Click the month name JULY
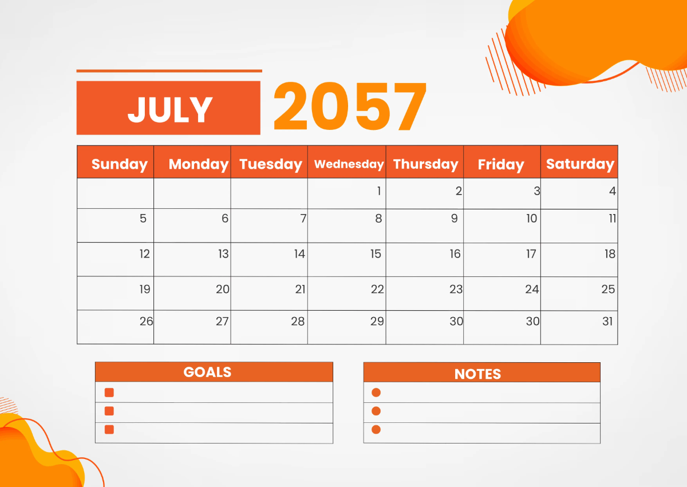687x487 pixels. point(169,109)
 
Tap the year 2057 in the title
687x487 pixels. point(350,107)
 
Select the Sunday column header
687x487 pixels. point(119,164)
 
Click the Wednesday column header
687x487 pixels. point(349,164)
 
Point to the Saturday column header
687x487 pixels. point(580,164)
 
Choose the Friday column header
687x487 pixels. point(501,165)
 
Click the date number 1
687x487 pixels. point(378,191)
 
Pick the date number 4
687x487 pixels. point(613,191)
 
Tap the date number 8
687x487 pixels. point(378,218)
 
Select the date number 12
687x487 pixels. point(145,254)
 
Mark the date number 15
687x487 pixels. point(376,254)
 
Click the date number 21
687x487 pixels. point(301,289)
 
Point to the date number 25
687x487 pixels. point(608,289)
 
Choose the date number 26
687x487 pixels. point(147,321)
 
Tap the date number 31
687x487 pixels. point(608,321)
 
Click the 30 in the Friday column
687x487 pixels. point(533,321)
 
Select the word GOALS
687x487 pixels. point(207,372)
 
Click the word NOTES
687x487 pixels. point(477,374)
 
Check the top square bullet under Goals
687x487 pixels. point(109,393)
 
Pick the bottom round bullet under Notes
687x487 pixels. point(376,429)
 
